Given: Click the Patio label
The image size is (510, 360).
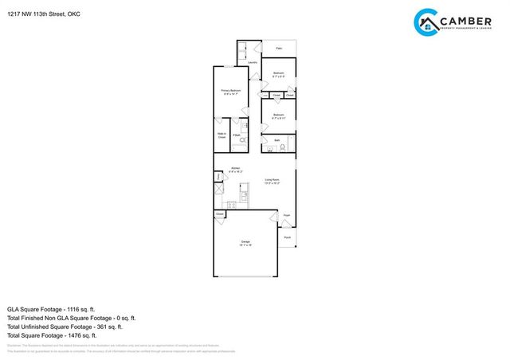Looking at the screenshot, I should pyautogui.click(x=279, y=49).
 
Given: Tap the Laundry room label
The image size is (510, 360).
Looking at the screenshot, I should pyautogui.click(x=252, y=61).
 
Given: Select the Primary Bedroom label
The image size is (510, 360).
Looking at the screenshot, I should pyautogui.click(x=231, y=92).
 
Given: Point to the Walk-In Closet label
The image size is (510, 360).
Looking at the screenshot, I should pyautogui.click(x=222, y=135).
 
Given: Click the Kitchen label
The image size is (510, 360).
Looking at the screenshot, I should pyautogui.click(x=236, y=169).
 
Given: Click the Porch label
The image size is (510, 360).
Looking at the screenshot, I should pyautogui.click(x=287, y=237).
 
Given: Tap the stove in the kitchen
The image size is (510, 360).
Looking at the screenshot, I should pyautogui.click(x=231, y=205).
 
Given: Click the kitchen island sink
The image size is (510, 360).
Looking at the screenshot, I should pyautogui.click(x=244, y=193).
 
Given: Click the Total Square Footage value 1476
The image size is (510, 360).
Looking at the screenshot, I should pyautogui.click(x=82, y=335).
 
